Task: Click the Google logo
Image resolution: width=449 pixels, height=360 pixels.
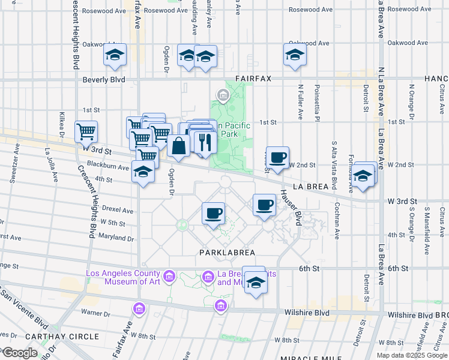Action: pyautogui.click(x=20, y=353)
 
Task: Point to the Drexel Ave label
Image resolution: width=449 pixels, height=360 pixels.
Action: pyautogui.click(x=118, y=211)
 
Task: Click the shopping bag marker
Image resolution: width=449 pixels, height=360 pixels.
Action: pyautogui.click(x=179, y=145)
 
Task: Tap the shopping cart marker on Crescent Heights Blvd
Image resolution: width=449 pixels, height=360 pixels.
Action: pyautogui.click(x=86, y=131)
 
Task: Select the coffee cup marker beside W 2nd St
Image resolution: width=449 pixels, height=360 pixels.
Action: pyautogui.click(x=277, y=157)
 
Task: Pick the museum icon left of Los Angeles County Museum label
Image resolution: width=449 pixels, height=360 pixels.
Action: pyautogui.click(x=169, y=277)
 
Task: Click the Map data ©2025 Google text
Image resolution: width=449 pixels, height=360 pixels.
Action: pyautogui.click(x=411, y=355)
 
